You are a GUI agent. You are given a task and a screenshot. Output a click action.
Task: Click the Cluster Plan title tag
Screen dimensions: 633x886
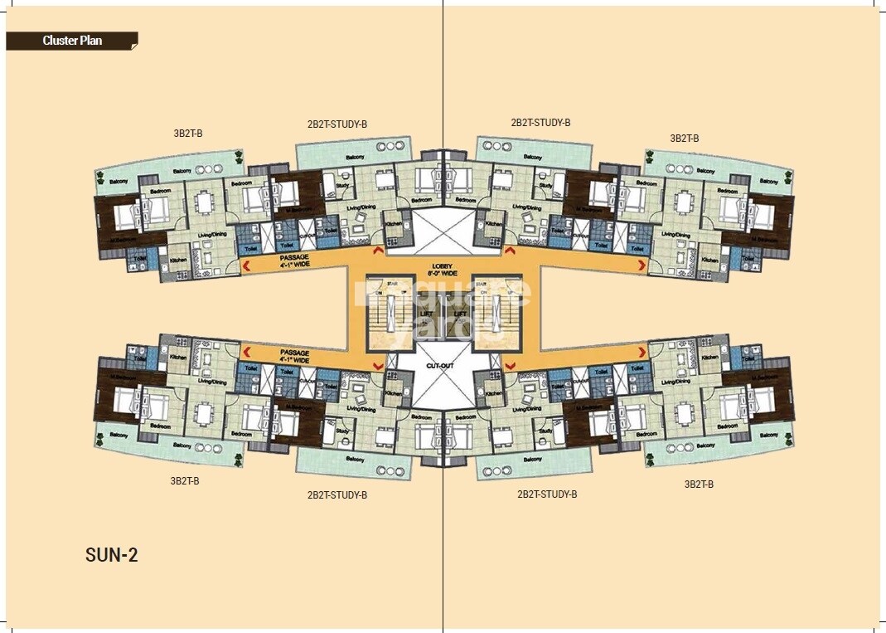(72, 40)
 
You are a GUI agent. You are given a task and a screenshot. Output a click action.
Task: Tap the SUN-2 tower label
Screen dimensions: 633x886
(111, 555)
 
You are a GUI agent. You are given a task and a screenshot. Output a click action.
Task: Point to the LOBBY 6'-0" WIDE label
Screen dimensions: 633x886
(443, 266)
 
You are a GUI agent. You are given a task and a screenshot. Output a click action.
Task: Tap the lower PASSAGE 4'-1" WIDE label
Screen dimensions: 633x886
(294, 356)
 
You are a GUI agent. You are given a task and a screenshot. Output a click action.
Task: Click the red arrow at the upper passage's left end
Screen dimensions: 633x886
(245, 265)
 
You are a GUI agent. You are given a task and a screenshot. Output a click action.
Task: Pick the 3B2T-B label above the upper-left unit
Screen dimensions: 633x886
(187, 133)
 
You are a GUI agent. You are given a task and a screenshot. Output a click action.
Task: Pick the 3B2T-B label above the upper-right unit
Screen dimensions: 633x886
(684, 139)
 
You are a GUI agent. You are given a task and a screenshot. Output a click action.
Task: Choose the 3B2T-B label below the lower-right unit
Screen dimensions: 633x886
(699, 484)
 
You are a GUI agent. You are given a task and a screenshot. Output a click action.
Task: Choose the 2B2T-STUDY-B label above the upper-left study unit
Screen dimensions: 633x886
(336, 124)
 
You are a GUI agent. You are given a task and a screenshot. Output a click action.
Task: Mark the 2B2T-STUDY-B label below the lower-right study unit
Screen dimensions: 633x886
(547, 494)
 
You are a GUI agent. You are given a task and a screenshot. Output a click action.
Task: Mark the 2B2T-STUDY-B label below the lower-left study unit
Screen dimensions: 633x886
(336, 495)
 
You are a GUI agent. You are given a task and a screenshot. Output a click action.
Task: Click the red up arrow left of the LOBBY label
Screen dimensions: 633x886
(379, 250)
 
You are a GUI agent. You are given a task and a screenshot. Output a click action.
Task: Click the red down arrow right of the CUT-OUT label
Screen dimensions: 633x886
(506, 366)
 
